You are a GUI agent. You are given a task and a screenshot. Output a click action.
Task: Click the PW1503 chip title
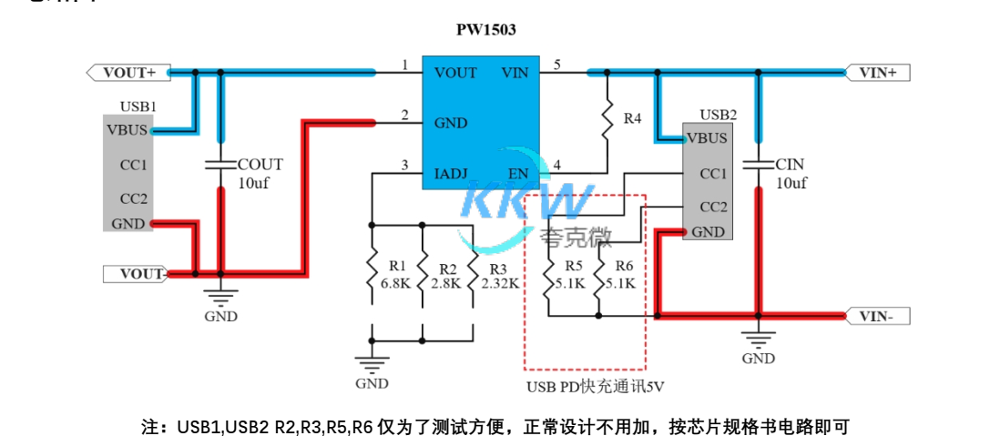pos(486,29)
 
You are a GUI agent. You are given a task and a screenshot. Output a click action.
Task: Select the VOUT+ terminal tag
pos(128,72)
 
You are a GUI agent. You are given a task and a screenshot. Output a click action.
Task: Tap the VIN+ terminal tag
pos(877,72)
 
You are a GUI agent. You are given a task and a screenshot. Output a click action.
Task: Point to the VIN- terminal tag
pos(877,317)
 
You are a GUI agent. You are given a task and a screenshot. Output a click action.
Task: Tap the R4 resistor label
pos(632,119)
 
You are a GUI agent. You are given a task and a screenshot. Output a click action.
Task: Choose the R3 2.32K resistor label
pos(498,276)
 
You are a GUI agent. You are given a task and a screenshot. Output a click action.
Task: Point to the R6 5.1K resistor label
pos(624,274)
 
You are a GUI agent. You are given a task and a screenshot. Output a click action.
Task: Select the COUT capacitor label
pos(260,165)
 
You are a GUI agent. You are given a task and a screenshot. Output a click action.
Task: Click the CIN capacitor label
pos(790,165)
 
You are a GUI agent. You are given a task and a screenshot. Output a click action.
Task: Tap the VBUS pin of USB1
pos(127,129)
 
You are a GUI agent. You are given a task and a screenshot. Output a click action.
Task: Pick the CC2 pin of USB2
pos(712,207)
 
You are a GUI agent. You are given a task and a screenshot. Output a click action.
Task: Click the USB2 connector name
pos(718,116)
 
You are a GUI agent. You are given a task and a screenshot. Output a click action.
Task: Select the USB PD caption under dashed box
pos(595,386)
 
